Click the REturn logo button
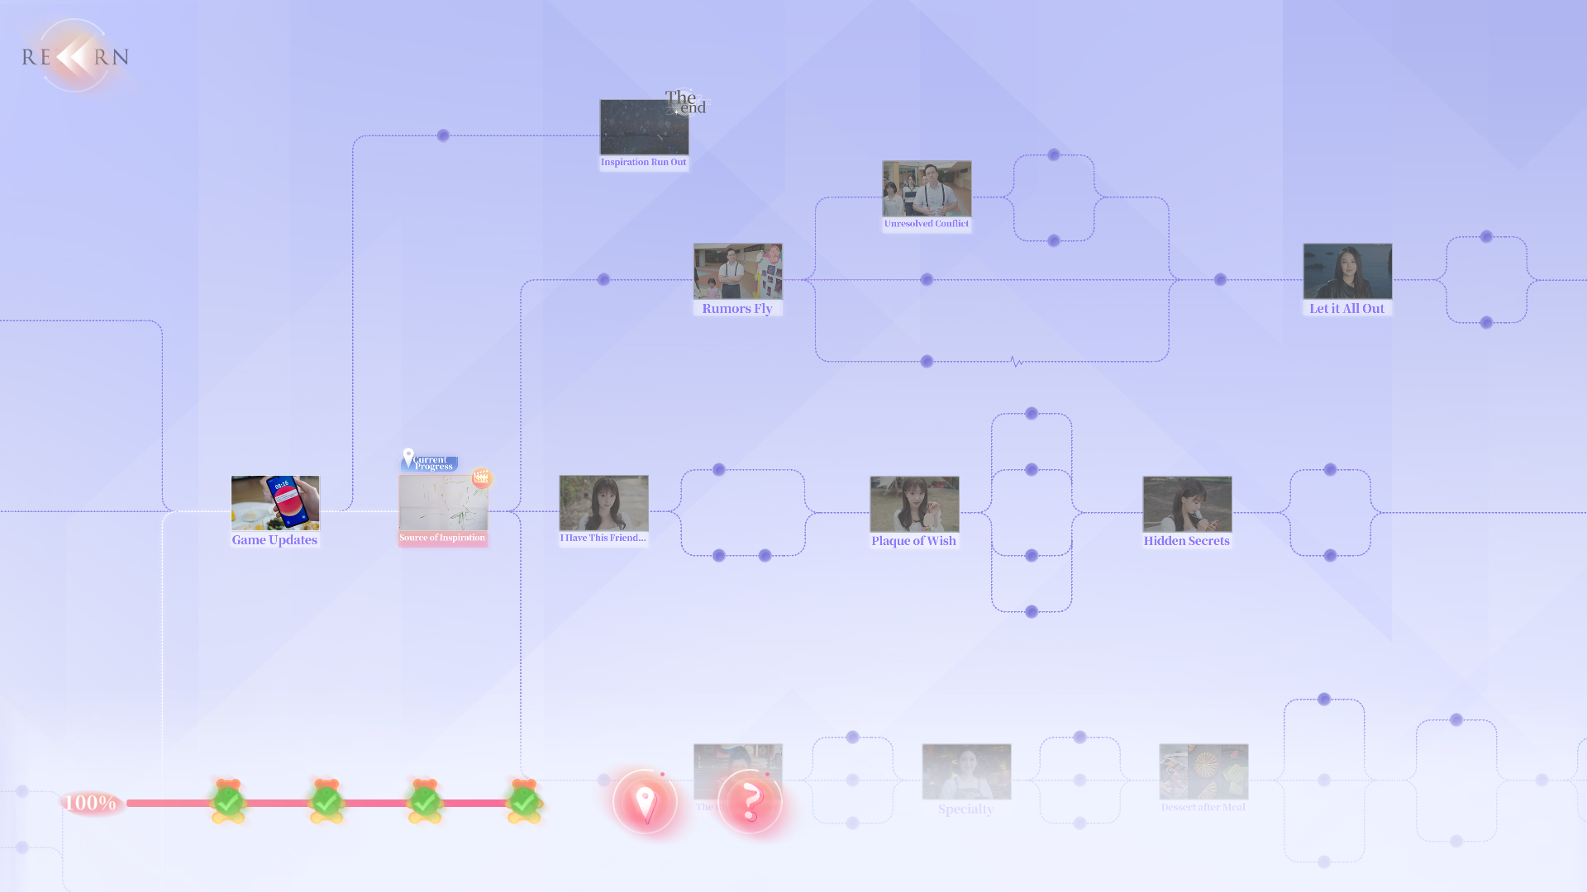(75, 56)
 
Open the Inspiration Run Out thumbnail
(644, 128)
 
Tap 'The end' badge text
(686, 102)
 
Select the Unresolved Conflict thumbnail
(927, 189)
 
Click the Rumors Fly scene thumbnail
(737, 272)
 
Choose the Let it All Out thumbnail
(1347, 272)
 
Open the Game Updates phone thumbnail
(275, 503)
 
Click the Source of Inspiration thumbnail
(443, 503)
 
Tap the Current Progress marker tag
(430, 462)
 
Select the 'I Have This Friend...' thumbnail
(603, 503)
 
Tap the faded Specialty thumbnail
(966, 771)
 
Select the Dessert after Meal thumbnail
(1203, 771)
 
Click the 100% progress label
(91, 803)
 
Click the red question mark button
(750, 802)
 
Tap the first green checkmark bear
(228, 801)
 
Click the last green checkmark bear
(524, 801)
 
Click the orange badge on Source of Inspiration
(481, 477)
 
